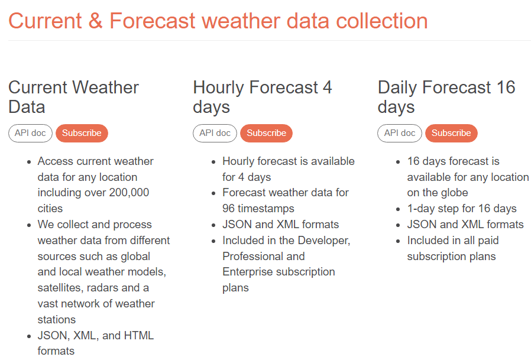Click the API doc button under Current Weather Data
pos(31,133)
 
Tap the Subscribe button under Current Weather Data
pos(82,133)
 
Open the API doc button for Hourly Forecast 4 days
pos(215,133)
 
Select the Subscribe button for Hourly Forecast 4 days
pos(267,133)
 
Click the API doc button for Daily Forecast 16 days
pos(400,133)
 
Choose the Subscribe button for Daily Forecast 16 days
pos(451,133)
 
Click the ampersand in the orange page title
pos(96,21)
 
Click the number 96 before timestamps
pos(229,208)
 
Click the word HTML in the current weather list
pos(139,335)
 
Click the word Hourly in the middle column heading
pos(218,87)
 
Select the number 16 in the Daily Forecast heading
pos(506,87)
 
